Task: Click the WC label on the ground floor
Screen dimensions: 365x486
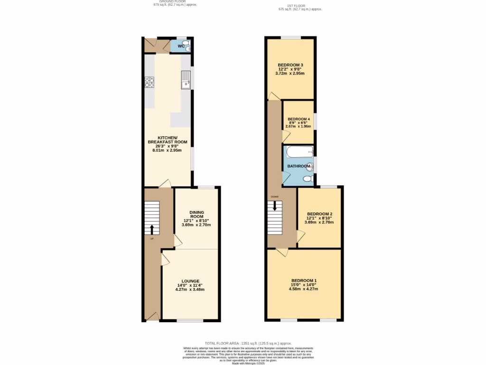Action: click(181, 46)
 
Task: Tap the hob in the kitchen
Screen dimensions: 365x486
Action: click(149, 83)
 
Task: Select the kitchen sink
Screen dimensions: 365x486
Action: click(185, 80)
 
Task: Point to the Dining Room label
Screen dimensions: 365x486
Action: click(196, 214)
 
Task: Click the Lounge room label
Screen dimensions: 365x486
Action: click(190, 281)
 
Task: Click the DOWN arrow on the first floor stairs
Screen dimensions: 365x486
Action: click(275, 206)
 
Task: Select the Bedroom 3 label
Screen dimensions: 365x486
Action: click(290, 65)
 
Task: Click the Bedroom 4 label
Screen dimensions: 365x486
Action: click(299, 119)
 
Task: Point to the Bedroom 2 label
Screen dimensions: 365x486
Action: click(319, 214)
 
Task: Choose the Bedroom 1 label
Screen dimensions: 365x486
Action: click(304, 280)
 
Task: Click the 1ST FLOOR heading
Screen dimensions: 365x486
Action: click(300, 6)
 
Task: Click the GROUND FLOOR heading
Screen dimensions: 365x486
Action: click(174, 1)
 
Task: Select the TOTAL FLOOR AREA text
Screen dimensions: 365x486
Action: click(248, 343)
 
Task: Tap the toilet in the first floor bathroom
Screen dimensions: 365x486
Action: click(307, 178)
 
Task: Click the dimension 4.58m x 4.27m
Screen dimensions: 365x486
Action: click(304, 288)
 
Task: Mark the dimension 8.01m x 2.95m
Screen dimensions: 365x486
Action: click(167, 150)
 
